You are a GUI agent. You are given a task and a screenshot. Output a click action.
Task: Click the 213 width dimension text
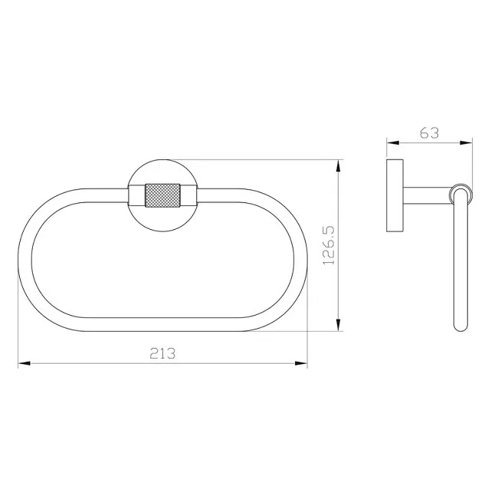coord(162,353)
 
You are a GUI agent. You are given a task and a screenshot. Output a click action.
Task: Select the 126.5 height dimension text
coord(329,245)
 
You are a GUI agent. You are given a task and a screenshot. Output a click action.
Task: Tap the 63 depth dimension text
coord(429,133)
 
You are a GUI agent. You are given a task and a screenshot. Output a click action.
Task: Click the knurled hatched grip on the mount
coord(162,195)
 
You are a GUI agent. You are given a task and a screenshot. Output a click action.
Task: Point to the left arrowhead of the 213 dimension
coord(25,363)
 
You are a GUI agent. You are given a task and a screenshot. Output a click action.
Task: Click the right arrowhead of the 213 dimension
coord(301,363)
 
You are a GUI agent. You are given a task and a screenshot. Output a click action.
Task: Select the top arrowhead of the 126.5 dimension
coord(338,165)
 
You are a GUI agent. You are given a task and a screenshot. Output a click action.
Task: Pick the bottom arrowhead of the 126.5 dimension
coord(338,325)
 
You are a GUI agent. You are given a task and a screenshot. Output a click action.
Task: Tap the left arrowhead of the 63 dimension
coord(392,143)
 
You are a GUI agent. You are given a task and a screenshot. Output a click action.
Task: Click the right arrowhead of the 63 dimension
coord(467,143)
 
